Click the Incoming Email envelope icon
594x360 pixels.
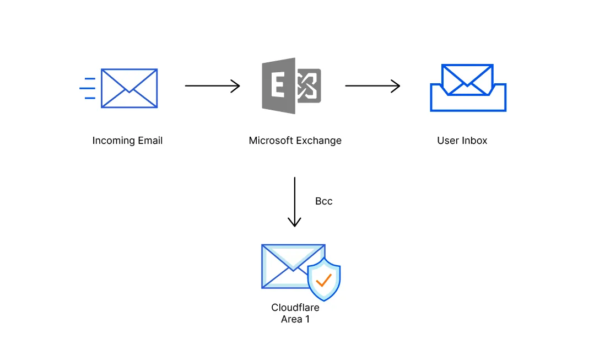pyautogui.click(x=129, y=88)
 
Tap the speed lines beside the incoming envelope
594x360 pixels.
pyautogui.click(x=87, y=88)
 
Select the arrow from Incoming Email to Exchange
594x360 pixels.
pyautogui.click(x=212, y=86)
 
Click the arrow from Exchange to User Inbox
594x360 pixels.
pyautogui.click(x=372, y=86)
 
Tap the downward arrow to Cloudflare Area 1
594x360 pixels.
pyautogui.click(x=295, y=202)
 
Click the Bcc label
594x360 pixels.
pyautogui.click(x=323, y=201)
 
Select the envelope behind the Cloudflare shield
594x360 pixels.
pyautogui.click(x=287, y=266)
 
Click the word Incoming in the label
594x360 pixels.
pyautogui.click(x=112, y=141)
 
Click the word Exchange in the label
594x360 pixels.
pyautogui.click(x=320, y=141)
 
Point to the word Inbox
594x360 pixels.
pyautogui.click(x=474, y=141)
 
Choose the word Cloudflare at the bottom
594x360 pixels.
pyautogui.click(x=295, y=308)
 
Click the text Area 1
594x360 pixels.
pyautogui.click(x=295, y=319)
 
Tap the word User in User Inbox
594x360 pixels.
pyautogui.click(x=448, y=141)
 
